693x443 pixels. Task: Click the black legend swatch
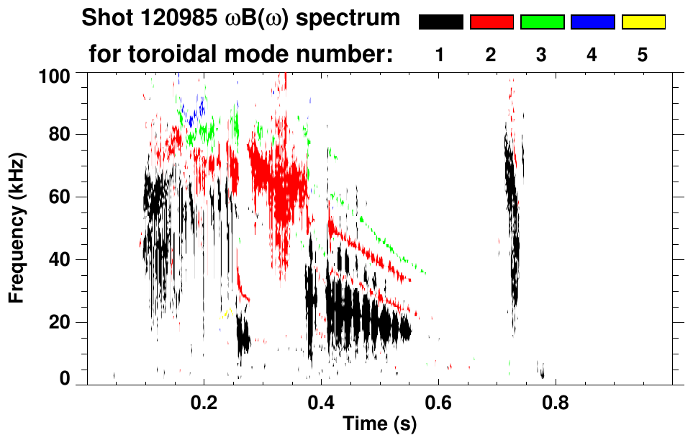[441, 22]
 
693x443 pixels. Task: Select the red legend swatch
[492, 22]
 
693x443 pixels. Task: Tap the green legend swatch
[542, 22]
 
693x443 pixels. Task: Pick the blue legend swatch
[592, 22]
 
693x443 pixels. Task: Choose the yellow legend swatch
[643, 22]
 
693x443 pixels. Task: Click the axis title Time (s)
[379, 425]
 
